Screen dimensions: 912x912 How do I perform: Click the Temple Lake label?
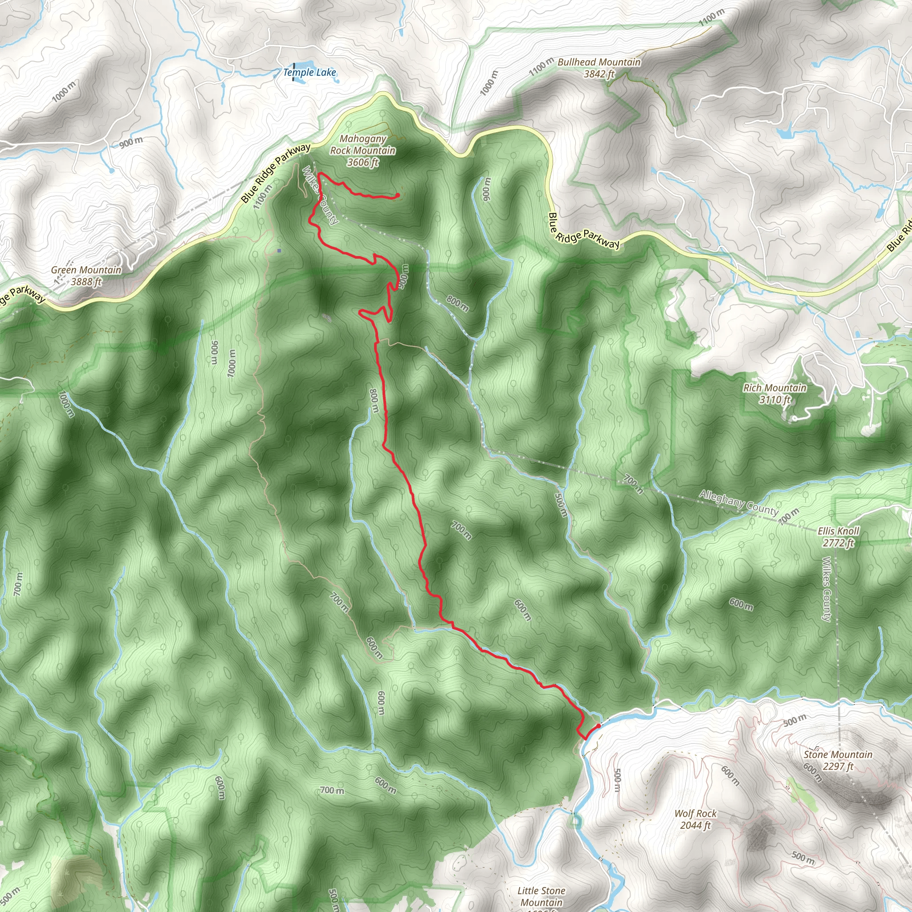(309, 72)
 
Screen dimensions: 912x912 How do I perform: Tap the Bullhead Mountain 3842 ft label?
(599, 68)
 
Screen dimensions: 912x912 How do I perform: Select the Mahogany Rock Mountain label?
(362, 145)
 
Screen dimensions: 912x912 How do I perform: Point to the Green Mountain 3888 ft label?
(86, 276)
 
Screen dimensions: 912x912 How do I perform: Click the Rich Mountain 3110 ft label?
(775, 394)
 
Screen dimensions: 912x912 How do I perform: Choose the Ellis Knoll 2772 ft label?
(839, 537)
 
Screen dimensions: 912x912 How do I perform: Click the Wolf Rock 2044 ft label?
(695, 819)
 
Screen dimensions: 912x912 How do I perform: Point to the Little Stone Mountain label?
(541, 896)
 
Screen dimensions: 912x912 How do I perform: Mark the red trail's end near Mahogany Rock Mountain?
(398, 195)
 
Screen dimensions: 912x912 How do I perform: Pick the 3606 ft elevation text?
(362, 163)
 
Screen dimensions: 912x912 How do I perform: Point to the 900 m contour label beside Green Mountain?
(131, 141)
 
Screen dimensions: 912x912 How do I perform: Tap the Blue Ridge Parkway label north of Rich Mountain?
(583, 231)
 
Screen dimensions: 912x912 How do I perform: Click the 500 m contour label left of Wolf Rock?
(616, 782)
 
